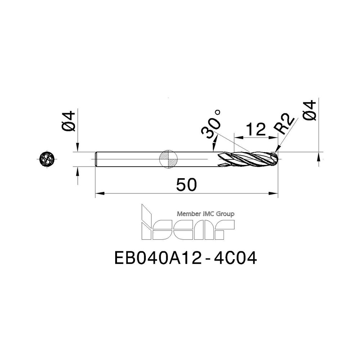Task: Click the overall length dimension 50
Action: tap(187, 185)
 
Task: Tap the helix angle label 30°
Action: tap(212, 127)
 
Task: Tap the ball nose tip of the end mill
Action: tap(276, 159)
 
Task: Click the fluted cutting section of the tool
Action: tap(248, 159)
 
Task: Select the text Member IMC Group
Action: tap(206, 214)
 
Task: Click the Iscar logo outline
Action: tap(187, 225)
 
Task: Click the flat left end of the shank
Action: tap(96, 159)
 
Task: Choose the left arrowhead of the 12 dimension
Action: tap(237, 137)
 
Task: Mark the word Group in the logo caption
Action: tap(226, 214)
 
